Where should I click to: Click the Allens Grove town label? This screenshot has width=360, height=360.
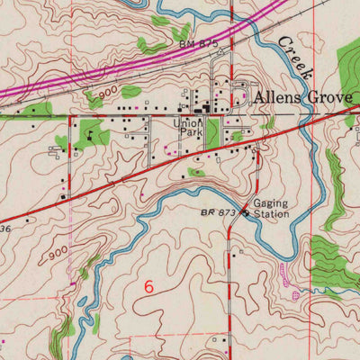[298, 96]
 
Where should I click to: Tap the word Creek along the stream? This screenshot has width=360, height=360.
[295, 58]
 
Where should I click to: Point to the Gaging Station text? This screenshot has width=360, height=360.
[270, 209]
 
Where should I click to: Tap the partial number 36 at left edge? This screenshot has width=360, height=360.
[4, 229]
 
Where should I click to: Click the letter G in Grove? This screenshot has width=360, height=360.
[315, 96]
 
